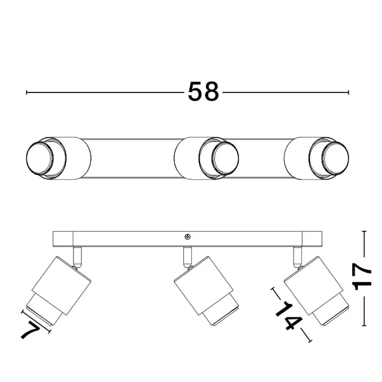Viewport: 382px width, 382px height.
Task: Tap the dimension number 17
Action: pyautogui.click(x=363, y=277)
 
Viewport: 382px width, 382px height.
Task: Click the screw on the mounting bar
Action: pyautogui.click(x=187, y=236)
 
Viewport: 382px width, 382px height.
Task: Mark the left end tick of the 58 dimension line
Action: pyautogui.click(x=27, y=92)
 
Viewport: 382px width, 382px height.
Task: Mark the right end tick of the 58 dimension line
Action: pyautogui.click(x=349, y=92)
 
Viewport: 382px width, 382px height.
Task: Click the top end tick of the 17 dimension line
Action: pyautogui.click(x=364, y=231)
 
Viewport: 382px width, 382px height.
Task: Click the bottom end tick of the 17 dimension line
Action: pyautogui.click(x=364, y=325)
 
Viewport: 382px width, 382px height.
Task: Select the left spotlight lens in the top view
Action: pyautogui.click(x=39, y=159)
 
